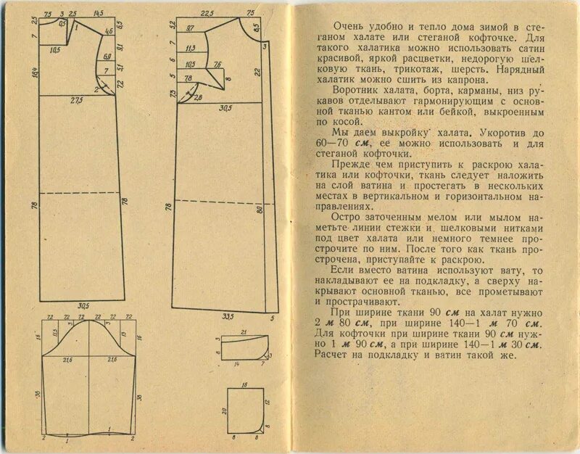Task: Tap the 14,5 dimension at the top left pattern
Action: (x=99, y=14)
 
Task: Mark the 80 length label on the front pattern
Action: (x=259, y=210)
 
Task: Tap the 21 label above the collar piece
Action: (x=243, y=332)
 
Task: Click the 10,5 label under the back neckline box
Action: (x=55, y=51)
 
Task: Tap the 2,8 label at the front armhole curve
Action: (x=198, y=97)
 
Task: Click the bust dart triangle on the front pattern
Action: (x=220, y=73)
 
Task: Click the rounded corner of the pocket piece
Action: (x=259, y=428)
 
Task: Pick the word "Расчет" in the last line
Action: (x=331, y=355)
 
